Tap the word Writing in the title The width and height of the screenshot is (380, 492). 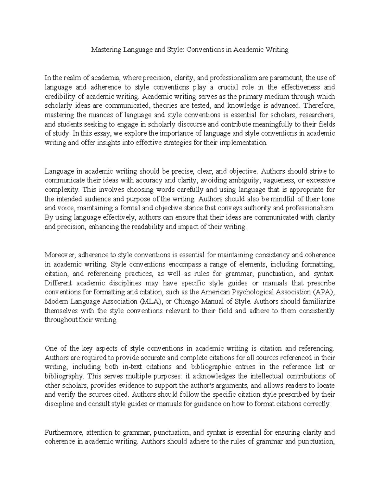click(x=277, y=50)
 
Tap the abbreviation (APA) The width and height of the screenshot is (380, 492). click(x=323, y=292)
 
